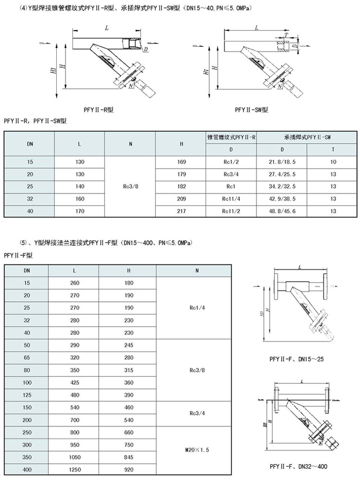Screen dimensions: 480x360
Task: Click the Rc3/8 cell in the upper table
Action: point(130,187)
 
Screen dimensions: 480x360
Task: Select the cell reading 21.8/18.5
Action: point(282,161)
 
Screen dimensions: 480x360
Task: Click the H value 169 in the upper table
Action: point(181,161)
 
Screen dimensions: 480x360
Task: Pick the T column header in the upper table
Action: point(333,148)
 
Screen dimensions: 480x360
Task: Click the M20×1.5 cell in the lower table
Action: point(194,450)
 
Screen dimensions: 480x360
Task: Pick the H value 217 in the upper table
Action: point(181,212)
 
